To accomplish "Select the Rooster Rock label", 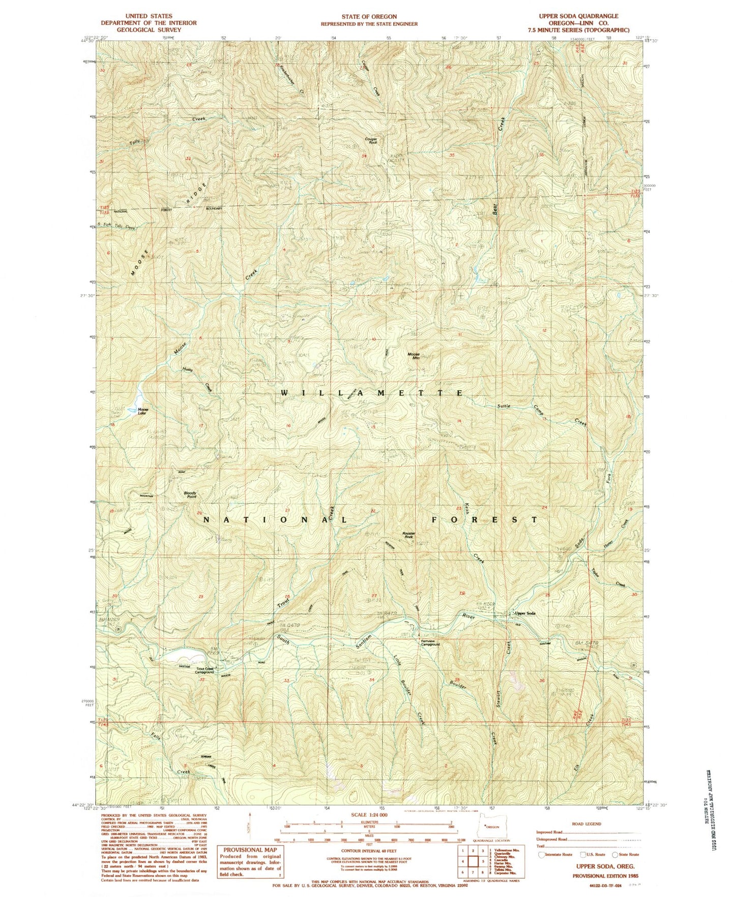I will point(409,535).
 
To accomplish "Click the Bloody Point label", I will point(190,495).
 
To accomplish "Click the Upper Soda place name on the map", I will point(525,613).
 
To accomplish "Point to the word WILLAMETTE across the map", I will point(372,393).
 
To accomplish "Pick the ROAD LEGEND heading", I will point(587,824).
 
